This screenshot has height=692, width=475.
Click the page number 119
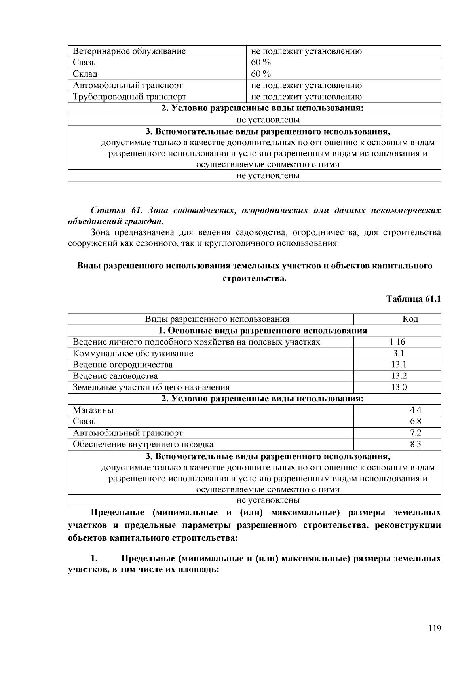click(x=434, y=629)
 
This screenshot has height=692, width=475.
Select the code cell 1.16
click(x=397, y=342)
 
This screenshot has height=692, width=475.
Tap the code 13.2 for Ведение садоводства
click(x=399, y=376)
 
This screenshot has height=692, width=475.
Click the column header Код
click(x=410, y=319)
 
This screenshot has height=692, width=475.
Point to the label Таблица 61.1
click(x=413, y=299)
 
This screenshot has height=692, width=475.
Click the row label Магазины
click(x=93, y=410)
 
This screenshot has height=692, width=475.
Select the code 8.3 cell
click(x=415, y=444)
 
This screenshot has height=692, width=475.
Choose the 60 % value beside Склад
click(x=261, y=74)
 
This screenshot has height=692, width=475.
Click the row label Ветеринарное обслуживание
click(x=129, y=51)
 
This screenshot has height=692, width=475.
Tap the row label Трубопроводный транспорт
click(x=129, y=97)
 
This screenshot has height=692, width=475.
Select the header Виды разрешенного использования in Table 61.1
click(x=217, y=319)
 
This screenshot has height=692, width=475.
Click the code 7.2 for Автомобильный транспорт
click(x=415, y=433)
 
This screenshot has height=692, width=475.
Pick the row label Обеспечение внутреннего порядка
click(x=143, y=444)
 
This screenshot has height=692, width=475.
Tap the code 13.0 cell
click(x=399, y=387)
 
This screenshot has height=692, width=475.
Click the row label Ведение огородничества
click(x=123, y=365)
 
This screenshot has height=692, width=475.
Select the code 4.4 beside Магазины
click(x=415, y=410)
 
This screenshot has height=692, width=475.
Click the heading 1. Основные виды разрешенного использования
click(x=263, y=331)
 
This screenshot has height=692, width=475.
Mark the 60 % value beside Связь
click(x=261, y=63)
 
